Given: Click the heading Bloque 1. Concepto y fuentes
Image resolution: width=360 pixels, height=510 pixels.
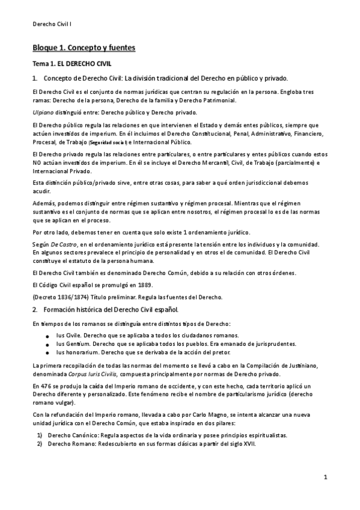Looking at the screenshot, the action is tap(84, 47).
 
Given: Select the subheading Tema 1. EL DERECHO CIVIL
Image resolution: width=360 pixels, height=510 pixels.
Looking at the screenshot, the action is tap(72, 63).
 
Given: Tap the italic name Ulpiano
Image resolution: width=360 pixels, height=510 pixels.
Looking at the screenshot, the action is tap(43, 112).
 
